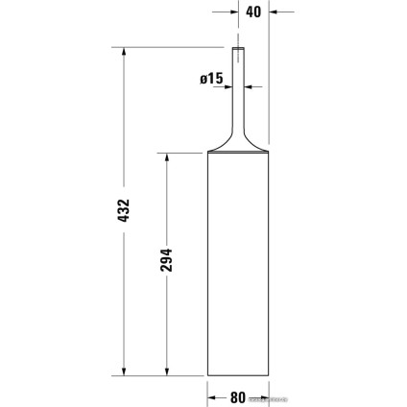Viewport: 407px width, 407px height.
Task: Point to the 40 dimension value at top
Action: pos(252,12)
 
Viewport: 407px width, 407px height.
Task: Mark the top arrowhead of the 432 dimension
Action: pos(122,53)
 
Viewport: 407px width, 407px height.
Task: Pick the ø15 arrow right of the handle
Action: pos(251,86)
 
